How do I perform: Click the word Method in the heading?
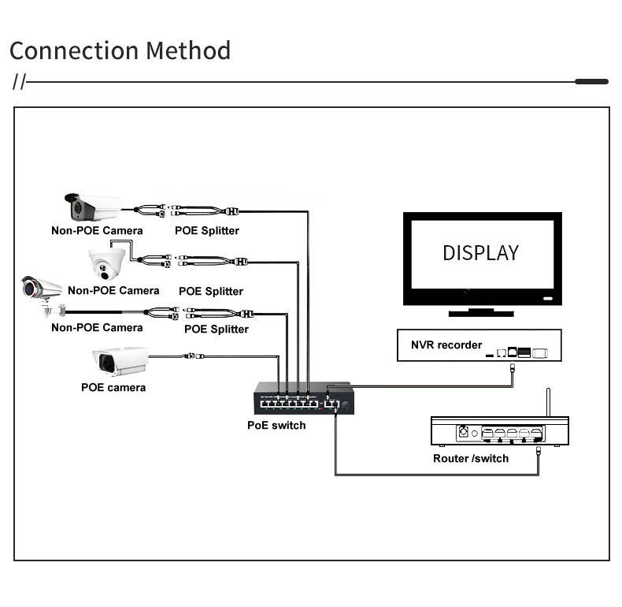(x=188, y=50)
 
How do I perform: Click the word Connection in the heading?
(x=74, y=51)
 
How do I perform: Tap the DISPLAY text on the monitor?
(x=481, y=253)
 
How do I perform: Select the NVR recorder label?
(x=446, y=344)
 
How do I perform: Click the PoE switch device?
(x=304, y=398)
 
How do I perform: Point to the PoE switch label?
(x=276, y=426)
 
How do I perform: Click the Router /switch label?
(x=471, y=459)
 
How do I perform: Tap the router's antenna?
(x=548, y=402)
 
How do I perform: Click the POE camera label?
(x=113, y=387)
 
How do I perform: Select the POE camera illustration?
(x=120, y=361)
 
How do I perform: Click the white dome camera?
(x=106, y=264)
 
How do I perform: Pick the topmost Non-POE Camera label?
(x=97, y=230)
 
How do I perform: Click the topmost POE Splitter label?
(x=207, y=231)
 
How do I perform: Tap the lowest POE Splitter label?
(x=217, y=329)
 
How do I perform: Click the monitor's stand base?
(x=481, y=313)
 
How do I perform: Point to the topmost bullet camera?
(x=93, y=207)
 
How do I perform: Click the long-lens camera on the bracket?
(x=42, y=294)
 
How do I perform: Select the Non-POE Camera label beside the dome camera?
(x=113, y=290)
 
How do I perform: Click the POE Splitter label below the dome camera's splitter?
(x=211, y=291)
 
